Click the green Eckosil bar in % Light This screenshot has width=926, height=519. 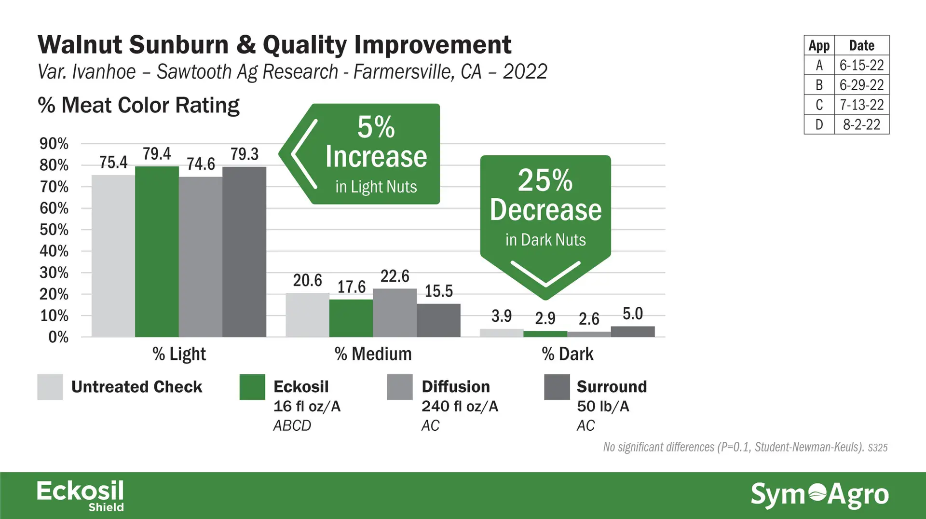(157, 251)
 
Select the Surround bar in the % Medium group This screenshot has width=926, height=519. (438, 320)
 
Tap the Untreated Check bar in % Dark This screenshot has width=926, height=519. (502, 333)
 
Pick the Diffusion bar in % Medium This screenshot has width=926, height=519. (395, 313)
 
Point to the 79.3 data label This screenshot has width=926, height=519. (244, 154)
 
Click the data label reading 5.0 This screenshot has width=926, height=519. (632, 314)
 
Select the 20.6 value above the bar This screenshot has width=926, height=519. (307, 280)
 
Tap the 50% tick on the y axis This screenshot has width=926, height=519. (54, 230)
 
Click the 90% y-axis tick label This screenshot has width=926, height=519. (54, 144)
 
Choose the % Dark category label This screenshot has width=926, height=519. (567, 354)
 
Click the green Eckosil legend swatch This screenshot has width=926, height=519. (252, 387)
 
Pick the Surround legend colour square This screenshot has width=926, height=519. (557, 387)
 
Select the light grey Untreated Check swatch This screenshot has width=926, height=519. (50, 387)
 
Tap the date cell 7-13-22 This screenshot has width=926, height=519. (861, 105)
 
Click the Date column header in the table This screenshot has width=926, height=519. (861, 45)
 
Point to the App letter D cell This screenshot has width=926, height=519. (819, 124)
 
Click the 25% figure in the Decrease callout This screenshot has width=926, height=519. (545, 180)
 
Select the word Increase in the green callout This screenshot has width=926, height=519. (376, 157)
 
